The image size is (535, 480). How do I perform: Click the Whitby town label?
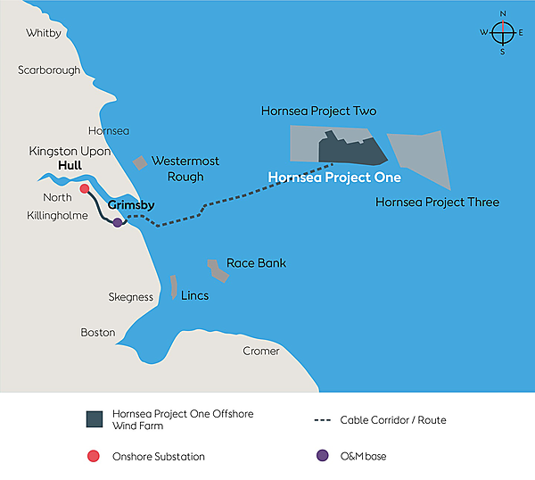tap(44, 33)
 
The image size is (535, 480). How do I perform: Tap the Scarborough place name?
tap(49, 70)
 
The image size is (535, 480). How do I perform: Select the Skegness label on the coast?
tap(131, 297)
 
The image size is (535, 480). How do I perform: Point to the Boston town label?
tap(98, 333)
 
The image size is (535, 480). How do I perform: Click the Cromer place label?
tap(261, 351)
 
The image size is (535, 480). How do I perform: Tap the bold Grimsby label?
tap(131, 205)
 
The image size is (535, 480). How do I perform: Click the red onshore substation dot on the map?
tap(85, 189)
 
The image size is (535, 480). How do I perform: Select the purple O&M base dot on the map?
tap(118, 222)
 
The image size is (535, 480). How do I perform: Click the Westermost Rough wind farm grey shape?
tap(140, 162)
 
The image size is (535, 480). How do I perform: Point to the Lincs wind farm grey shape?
tap(174, 286)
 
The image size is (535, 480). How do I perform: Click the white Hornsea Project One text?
tap(334, 178)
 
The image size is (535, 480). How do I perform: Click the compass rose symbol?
tap(503, 32)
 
